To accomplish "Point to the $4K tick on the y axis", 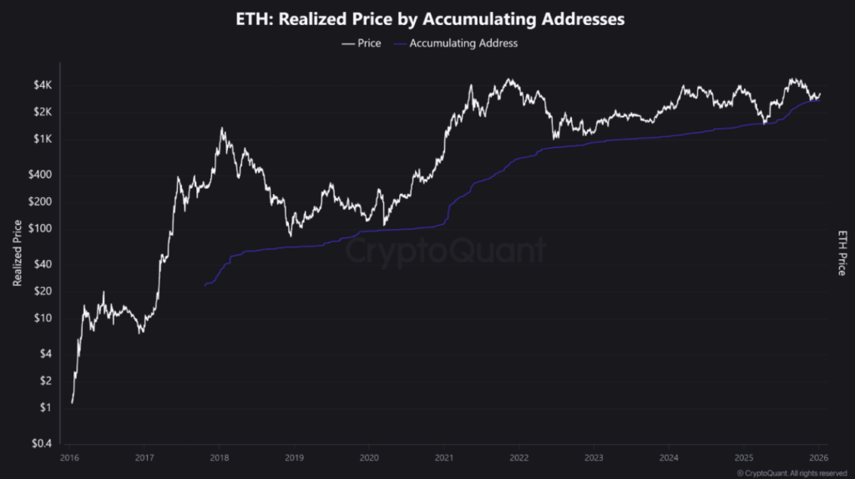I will (x=43, y=85).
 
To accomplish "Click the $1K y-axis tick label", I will (x=43, y=139).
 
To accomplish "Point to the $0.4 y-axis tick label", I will (x=41, y=443).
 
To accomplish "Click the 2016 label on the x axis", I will (x=69, y=458).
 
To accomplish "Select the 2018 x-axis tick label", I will (x=219, y=458).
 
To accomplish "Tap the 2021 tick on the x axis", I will (x=444, y=458).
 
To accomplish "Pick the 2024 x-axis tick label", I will (x=669, y=458).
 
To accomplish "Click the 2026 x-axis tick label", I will (x=819, y=458).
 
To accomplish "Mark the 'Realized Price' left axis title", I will (x=17, y=252).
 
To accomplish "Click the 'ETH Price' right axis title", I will (x=841, y=252).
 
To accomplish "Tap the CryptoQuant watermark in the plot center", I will (x=446, y=250).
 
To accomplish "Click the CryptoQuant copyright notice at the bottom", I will (x=783, y=472).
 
